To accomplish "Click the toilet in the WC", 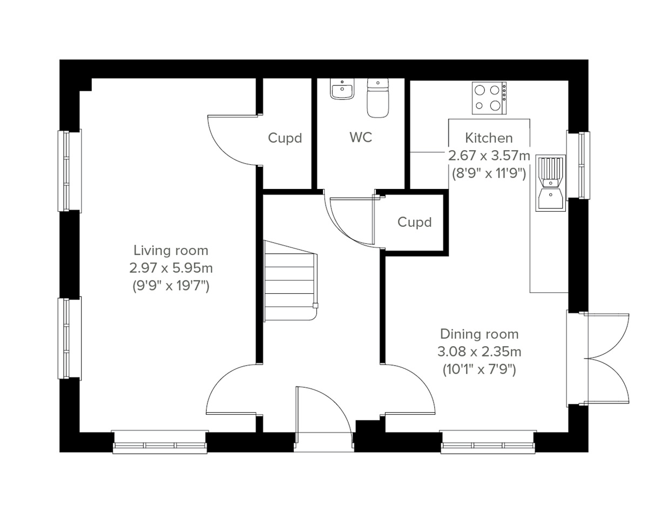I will coord(378,98).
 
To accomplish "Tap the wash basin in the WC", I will coord(341,90).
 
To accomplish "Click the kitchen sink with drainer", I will coord(551,183).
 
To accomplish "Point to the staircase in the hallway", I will coord(289,281).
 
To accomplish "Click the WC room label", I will coord(361,138).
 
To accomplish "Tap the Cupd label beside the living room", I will coord(285,138).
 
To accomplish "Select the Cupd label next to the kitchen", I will coord(415,222).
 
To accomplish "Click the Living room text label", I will coord(171,251).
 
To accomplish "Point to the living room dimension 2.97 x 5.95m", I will coord(171,268).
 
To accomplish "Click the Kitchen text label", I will coord(489,138).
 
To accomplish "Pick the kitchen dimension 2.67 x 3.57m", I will coord(489,156).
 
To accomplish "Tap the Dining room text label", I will coord(479,334).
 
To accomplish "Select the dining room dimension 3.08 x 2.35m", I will coord(479,352).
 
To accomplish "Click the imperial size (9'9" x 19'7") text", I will coord(171,286).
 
